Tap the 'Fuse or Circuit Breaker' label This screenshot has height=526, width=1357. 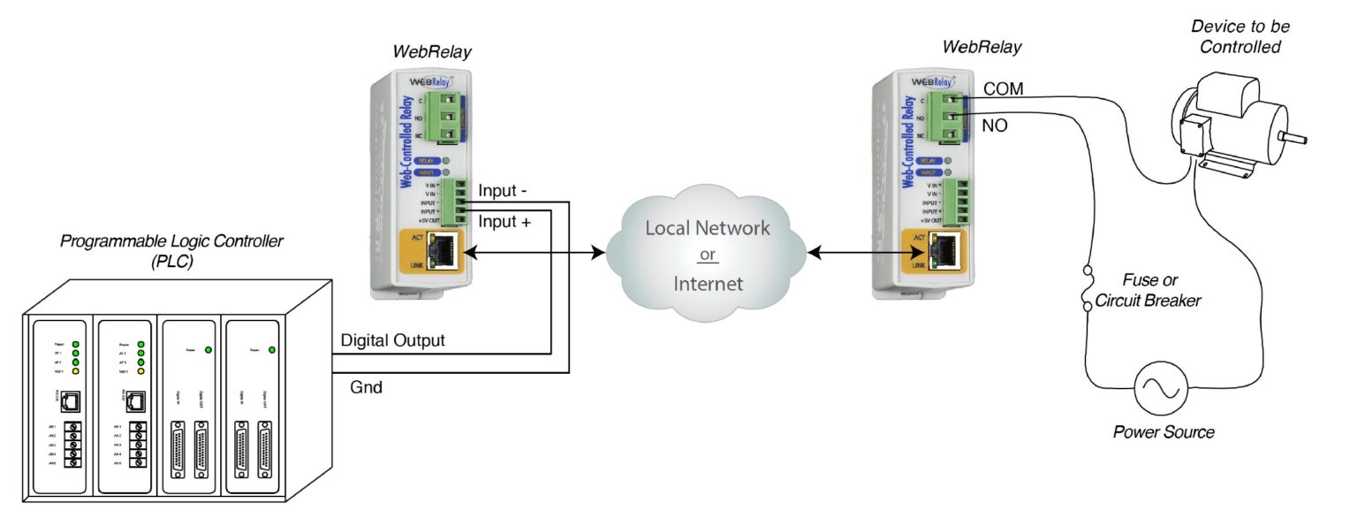1148,291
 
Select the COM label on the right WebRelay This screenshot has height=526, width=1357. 1003,89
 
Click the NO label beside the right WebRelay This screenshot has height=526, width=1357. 995,126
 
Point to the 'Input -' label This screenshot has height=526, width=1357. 504,191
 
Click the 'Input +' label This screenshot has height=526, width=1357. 504,222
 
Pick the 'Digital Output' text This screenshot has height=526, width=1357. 392,340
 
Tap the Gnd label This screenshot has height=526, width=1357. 366,386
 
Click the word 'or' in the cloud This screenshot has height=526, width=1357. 707,256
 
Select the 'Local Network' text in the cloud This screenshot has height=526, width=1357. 707,228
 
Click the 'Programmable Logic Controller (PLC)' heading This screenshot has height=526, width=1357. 171,251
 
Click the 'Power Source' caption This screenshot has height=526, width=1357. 1163,432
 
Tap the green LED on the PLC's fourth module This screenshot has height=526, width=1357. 270,350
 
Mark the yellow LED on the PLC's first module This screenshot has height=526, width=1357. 77,371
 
